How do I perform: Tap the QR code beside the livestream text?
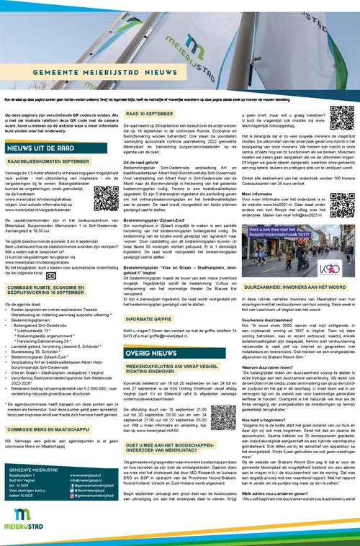pos(102,197)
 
